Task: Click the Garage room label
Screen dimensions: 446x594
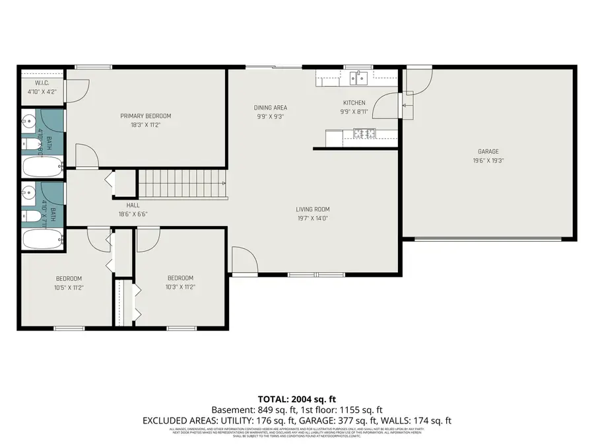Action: (488, 151)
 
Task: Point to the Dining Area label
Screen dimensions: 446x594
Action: (271, 108)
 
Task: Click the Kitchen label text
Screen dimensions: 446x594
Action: (354, 103)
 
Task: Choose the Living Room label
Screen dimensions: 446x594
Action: (312, 209)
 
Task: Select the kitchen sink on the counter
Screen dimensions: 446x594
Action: (361, 78)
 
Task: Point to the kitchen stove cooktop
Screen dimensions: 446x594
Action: (362, 133)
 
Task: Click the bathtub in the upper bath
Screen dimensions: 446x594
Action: (42, 165)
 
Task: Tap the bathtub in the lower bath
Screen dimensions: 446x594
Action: (42, 239)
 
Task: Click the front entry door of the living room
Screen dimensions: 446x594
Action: (244, 262)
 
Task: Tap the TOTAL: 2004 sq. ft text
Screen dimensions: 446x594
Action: (296, 399)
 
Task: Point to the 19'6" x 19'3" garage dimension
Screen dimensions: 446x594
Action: (488, 160)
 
